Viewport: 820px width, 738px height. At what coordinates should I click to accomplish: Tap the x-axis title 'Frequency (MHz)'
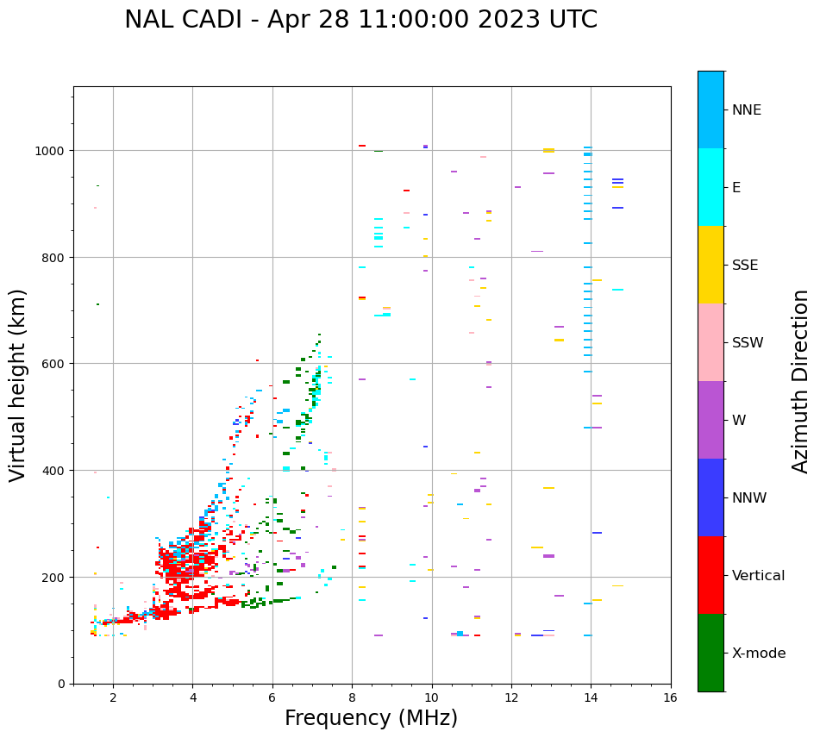371,718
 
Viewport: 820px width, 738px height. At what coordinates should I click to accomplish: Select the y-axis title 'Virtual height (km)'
18,385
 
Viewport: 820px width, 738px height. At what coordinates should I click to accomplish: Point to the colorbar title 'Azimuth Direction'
801,381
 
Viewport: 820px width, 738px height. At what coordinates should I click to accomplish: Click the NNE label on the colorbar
747,110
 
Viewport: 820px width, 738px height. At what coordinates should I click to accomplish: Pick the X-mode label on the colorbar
759,654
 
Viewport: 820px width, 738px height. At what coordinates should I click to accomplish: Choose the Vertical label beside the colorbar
759,576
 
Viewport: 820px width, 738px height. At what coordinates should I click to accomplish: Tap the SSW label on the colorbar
748,343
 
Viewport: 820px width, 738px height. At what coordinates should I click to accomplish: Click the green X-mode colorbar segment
710,653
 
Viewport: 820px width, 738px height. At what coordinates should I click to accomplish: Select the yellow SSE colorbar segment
710,265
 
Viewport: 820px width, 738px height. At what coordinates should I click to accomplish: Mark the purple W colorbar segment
710,420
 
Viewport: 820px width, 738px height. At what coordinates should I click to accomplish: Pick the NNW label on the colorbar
749,498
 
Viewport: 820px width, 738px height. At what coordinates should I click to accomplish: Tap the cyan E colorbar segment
710,187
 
